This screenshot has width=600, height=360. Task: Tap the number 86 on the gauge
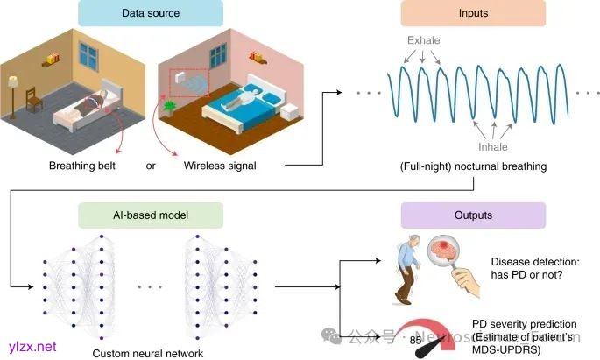click(x=414, y=338)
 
